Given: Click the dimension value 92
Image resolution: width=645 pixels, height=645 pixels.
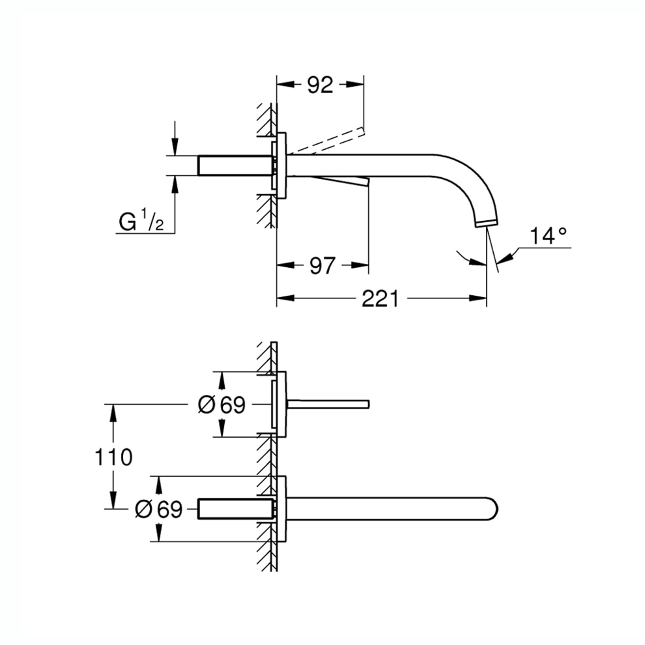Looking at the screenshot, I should coord(320,85).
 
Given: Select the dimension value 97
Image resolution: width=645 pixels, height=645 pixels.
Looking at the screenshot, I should coord(321,266).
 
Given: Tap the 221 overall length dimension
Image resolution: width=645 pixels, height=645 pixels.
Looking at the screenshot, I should coord(380,299).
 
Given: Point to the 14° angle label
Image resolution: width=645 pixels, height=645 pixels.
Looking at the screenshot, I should coord(547,236).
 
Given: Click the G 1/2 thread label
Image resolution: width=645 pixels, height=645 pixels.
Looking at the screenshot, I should coord(141,222).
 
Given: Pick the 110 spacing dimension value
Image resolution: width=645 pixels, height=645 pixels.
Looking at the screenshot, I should coord(113,457).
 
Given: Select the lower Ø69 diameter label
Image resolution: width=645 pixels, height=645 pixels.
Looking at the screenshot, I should coord(159,509).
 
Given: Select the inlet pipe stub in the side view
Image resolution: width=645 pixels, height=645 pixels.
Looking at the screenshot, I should coord(235,165).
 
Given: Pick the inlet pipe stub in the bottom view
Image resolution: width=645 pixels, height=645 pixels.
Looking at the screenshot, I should coord(235,509).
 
